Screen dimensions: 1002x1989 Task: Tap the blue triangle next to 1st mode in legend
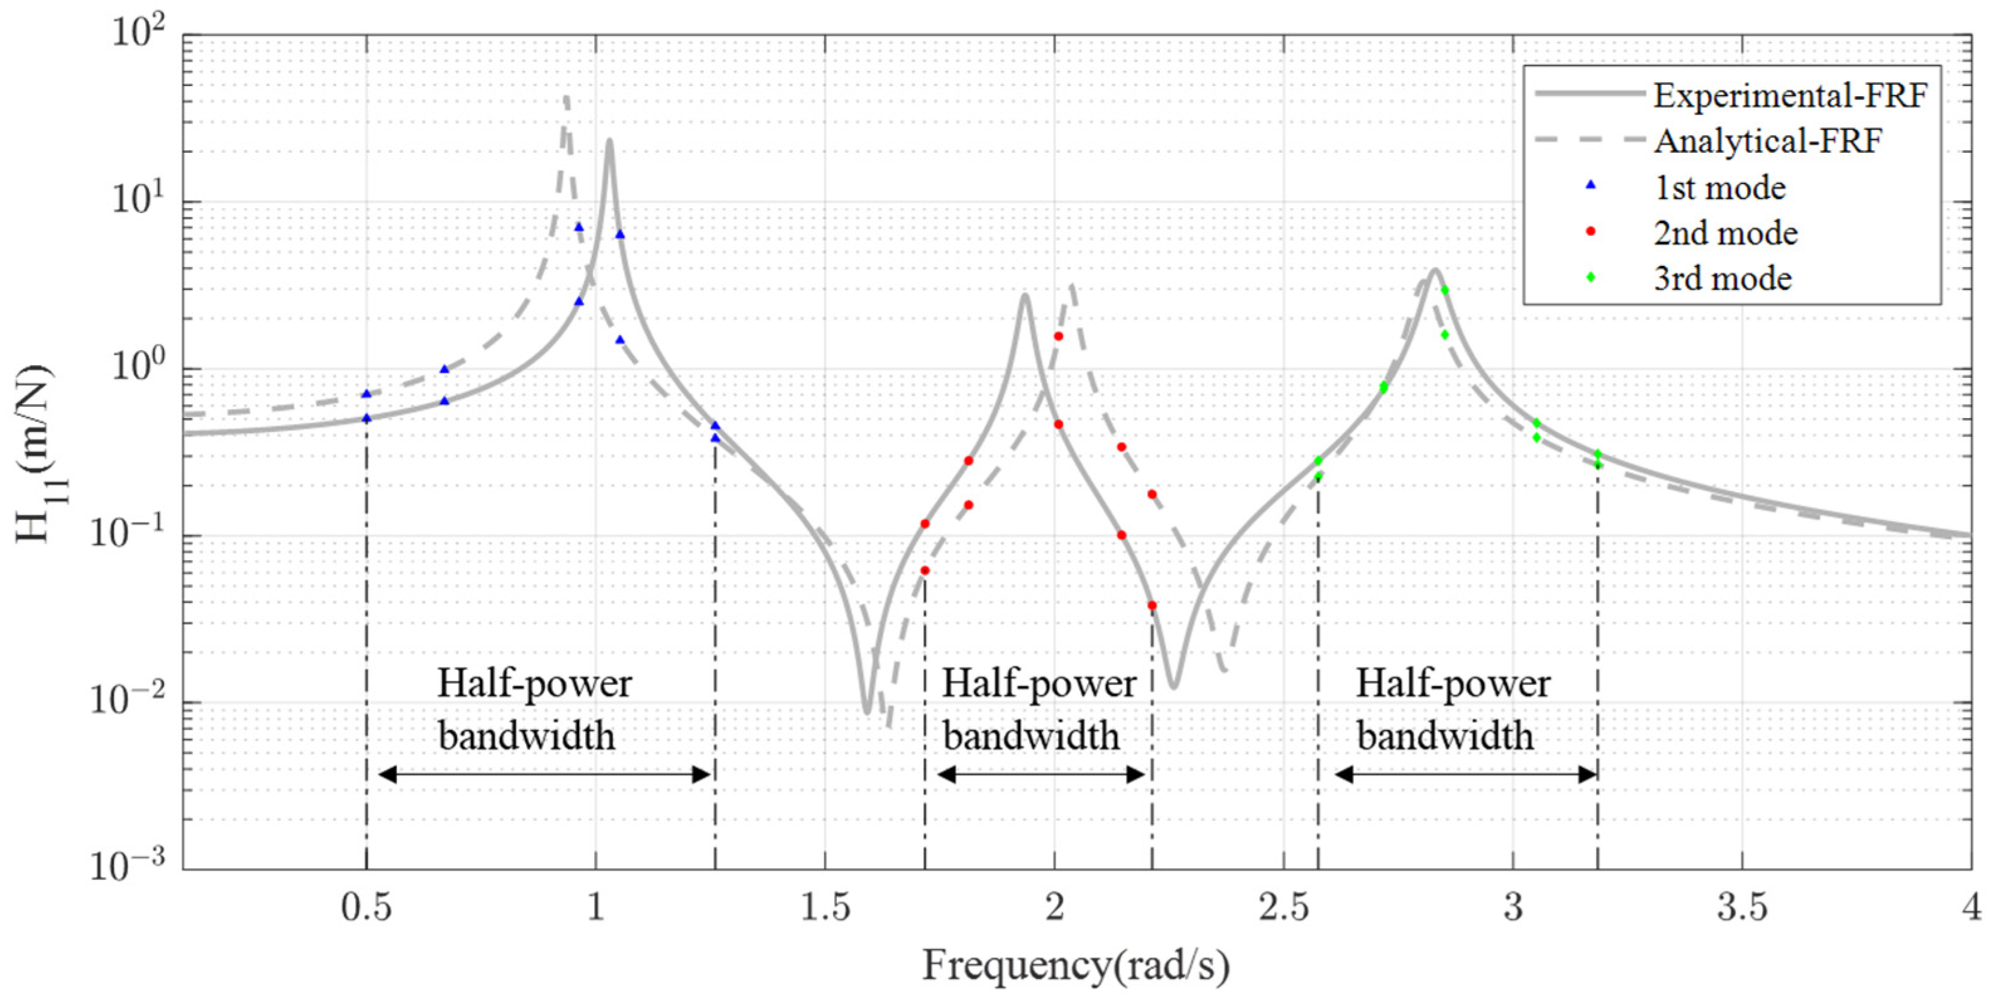[1590, 186]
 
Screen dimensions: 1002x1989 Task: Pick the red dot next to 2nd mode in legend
[1590, 231]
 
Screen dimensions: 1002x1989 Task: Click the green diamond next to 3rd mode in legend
[1590, 277]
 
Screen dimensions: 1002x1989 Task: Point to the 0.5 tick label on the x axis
[366, 908]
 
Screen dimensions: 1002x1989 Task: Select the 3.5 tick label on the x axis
[1742, 908]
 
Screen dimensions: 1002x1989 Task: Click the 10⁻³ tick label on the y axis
[128, 866]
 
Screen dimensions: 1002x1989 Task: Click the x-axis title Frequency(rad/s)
[1076, 966]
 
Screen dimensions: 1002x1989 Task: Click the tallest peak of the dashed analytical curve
[566, 98]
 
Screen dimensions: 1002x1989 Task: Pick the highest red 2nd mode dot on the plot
[1059, 336]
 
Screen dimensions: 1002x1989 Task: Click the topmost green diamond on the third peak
[1445, 290]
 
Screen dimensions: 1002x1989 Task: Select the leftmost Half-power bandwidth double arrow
[544, 774]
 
